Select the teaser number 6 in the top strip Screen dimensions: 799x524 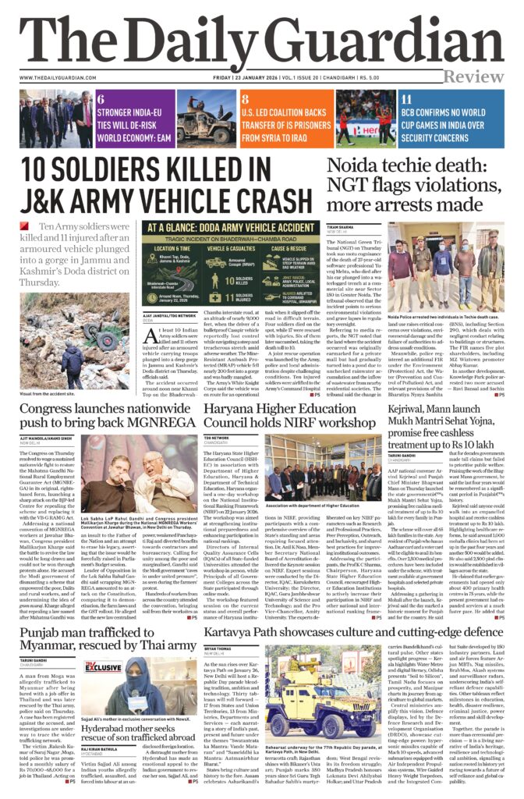(x=101, y=100)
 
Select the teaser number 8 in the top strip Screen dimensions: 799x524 (x=245, y=100)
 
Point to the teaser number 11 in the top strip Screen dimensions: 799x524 (x=406, y=100)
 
